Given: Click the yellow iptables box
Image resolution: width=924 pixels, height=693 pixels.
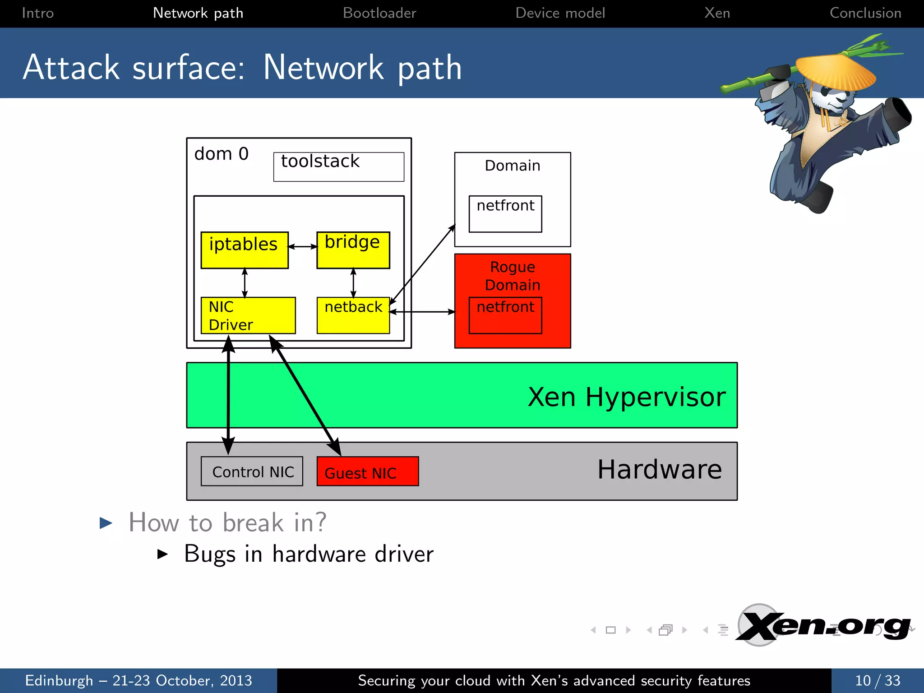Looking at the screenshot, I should [x=244, y=250].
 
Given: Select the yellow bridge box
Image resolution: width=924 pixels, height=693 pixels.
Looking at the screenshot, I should [x=353, y=250].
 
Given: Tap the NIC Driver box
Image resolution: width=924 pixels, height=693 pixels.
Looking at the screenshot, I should [x=248, y=315].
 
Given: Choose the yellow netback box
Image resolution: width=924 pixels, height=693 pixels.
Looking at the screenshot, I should [x=353, y=315].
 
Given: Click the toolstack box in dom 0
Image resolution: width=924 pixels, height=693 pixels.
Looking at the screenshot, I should [x=338, y=167].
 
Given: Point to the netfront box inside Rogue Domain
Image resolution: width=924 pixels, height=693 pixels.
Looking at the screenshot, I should [x=505, y=315].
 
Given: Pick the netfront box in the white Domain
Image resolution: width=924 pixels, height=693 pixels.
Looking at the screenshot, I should [x=505, y=214].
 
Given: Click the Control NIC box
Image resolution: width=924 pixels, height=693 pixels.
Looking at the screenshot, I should [x=252, y=471].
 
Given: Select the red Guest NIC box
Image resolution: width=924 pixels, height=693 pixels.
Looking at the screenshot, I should [x=368, y=471].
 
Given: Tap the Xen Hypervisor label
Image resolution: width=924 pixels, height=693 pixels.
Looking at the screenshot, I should [x=627, y=397].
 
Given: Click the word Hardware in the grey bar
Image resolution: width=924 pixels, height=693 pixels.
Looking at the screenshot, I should [x=659, y=469].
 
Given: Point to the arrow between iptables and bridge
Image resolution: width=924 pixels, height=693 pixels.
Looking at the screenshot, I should [x=303, y=247].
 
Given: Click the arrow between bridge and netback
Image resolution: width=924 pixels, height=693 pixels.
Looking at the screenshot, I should [x=353, y=283].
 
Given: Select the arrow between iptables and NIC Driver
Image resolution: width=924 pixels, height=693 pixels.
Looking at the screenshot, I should [x=245, y=283].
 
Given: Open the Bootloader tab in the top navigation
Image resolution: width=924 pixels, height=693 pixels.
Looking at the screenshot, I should [x=379, y=13].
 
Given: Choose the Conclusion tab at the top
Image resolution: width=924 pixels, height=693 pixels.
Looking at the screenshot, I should [x=865, y=13].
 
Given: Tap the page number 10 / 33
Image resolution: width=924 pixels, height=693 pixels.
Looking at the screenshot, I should [x=878, y=680].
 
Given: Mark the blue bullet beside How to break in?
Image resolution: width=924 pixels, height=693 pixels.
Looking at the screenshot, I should [x=106, y=523].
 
